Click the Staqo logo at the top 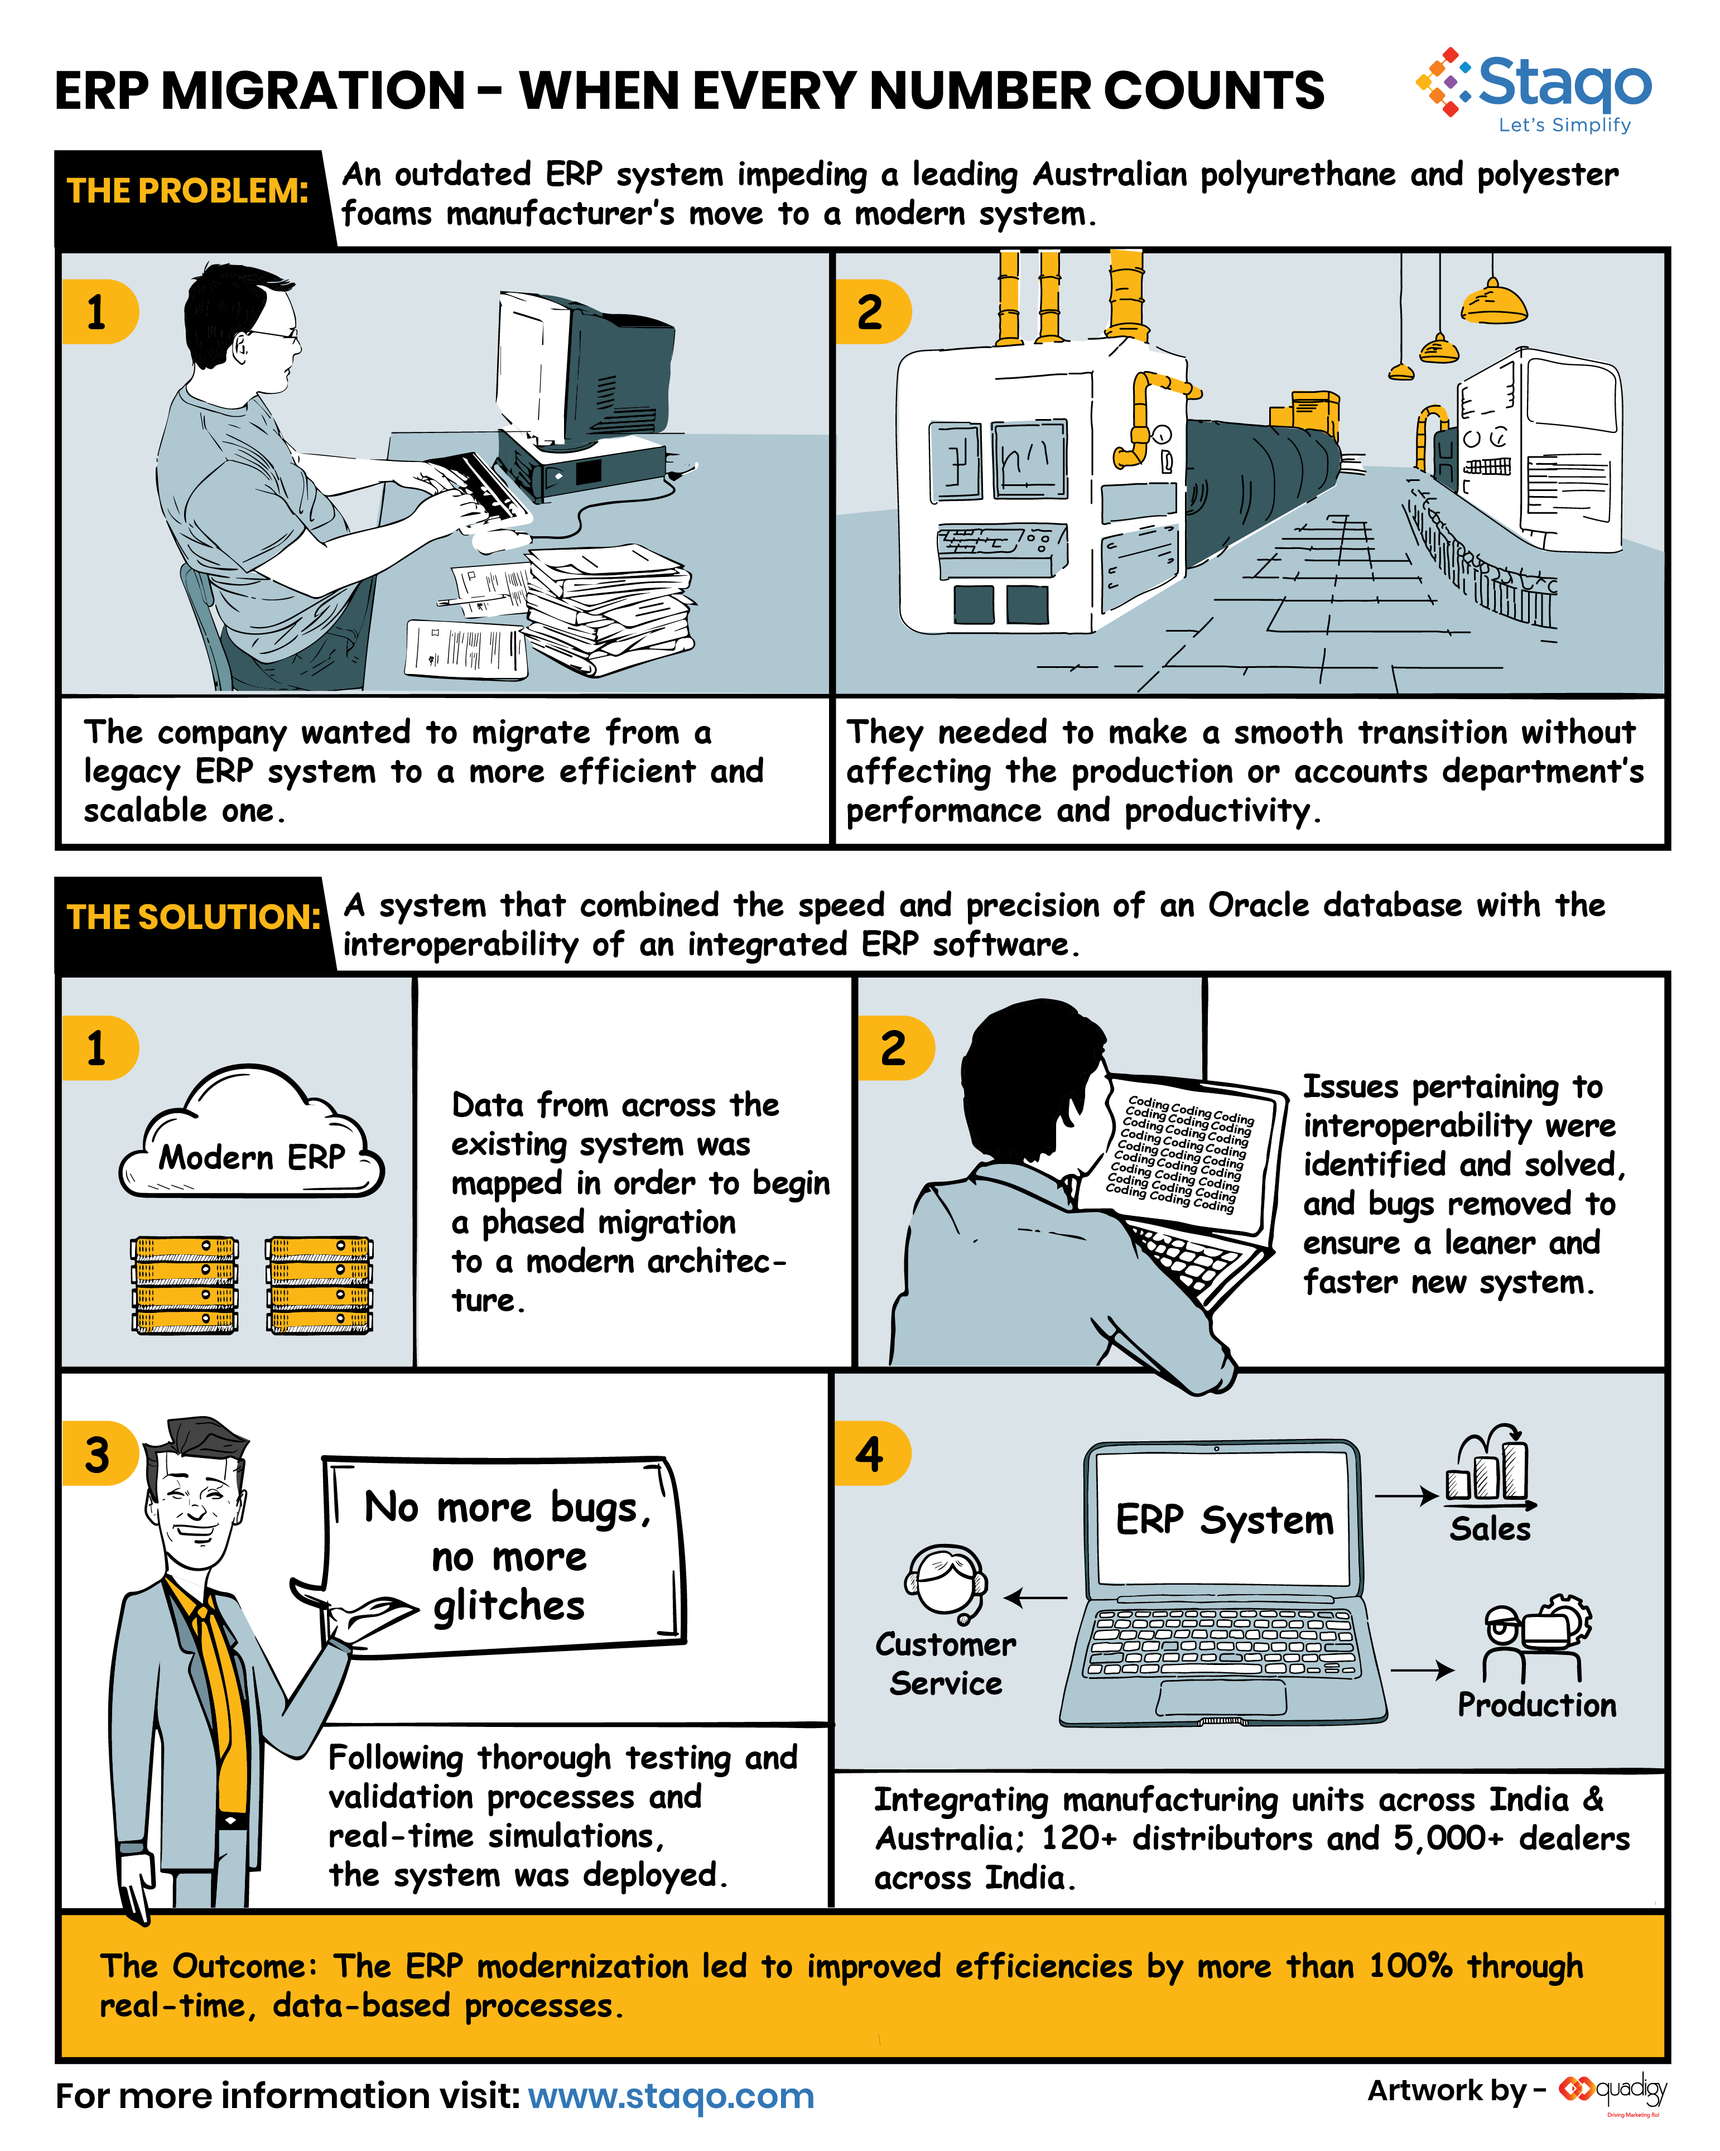coord(1534,90)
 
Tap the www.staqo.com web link coord(671,2095)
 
